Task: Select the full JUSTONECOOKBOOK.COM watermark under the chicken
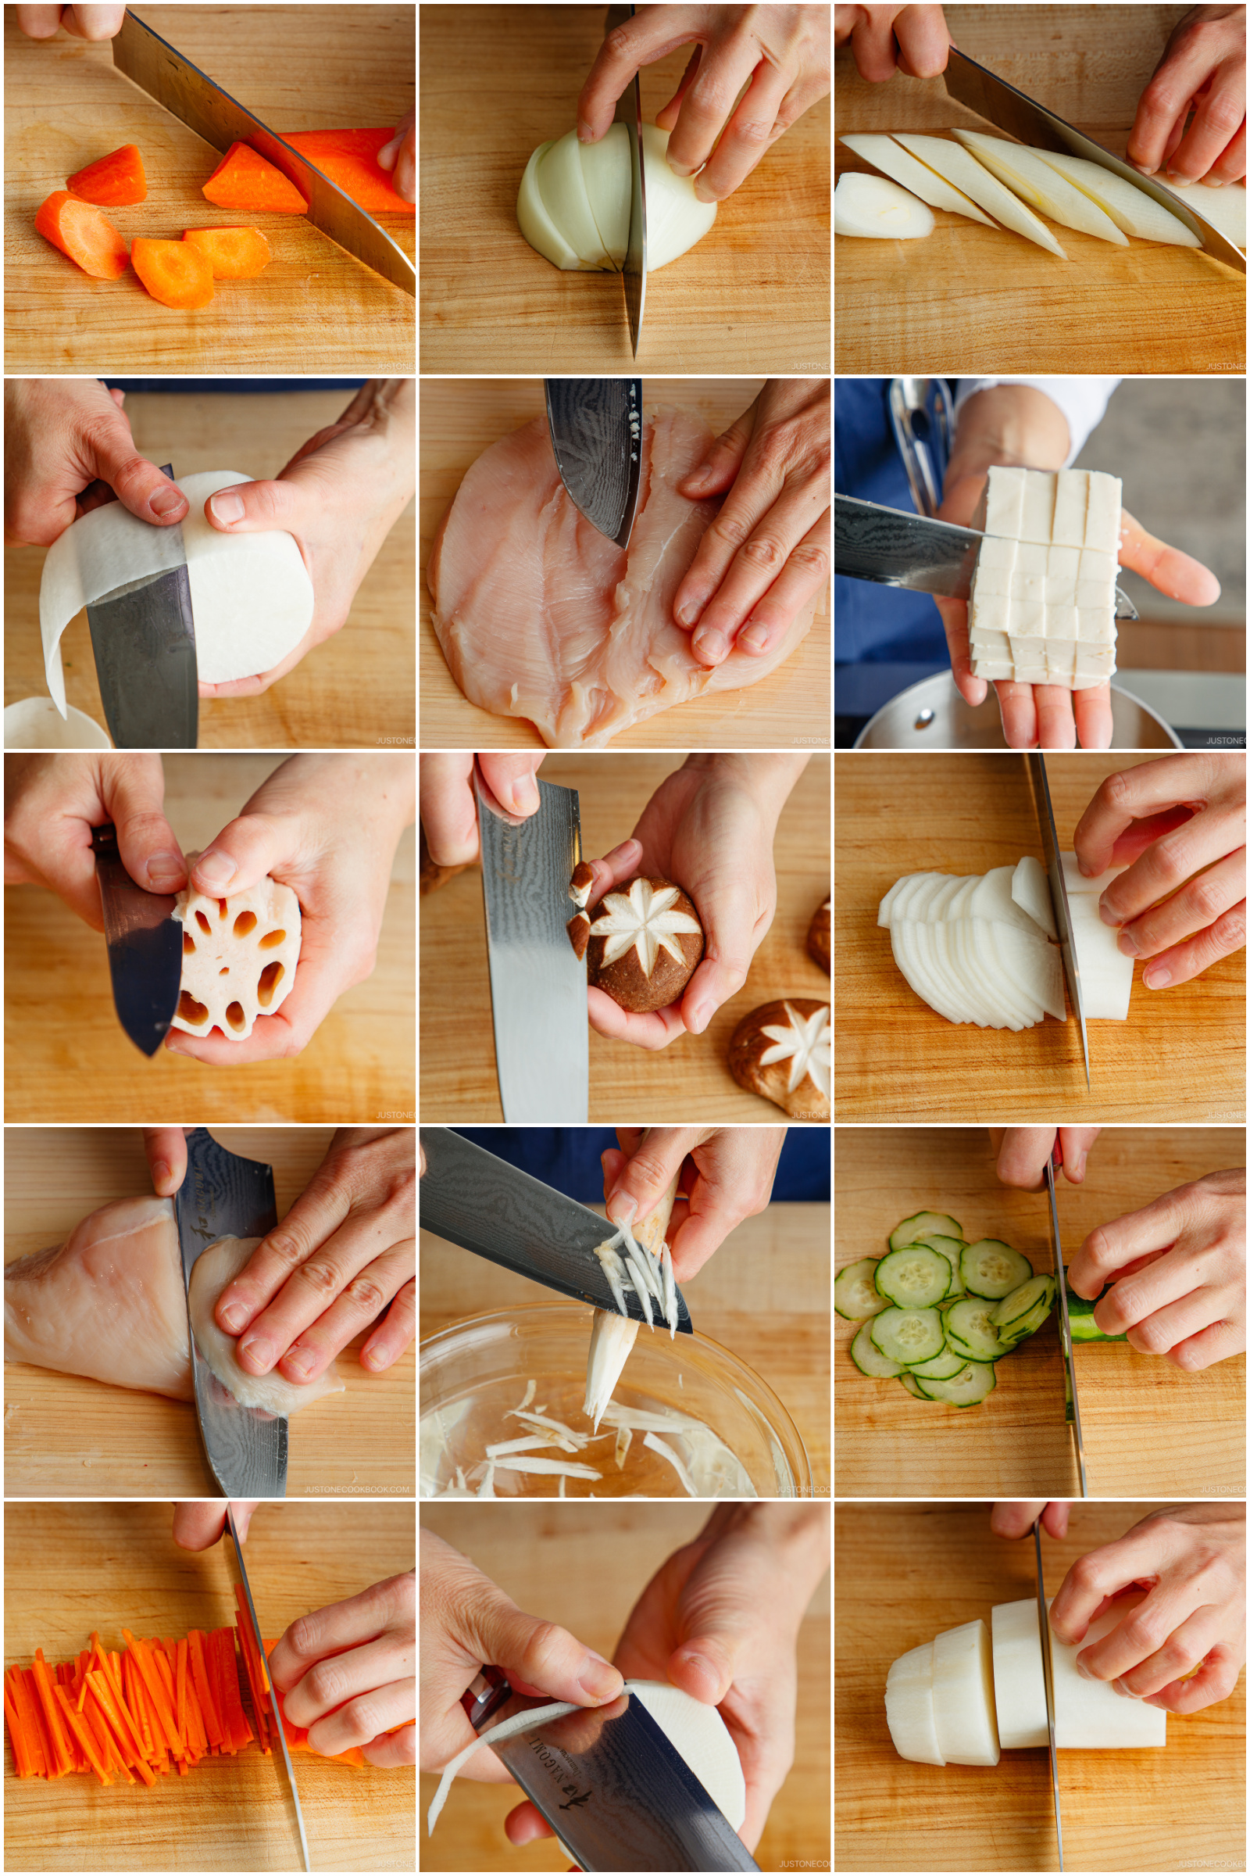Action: coord(356,1488)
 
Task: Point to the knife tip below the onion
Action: coord(635,343)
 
